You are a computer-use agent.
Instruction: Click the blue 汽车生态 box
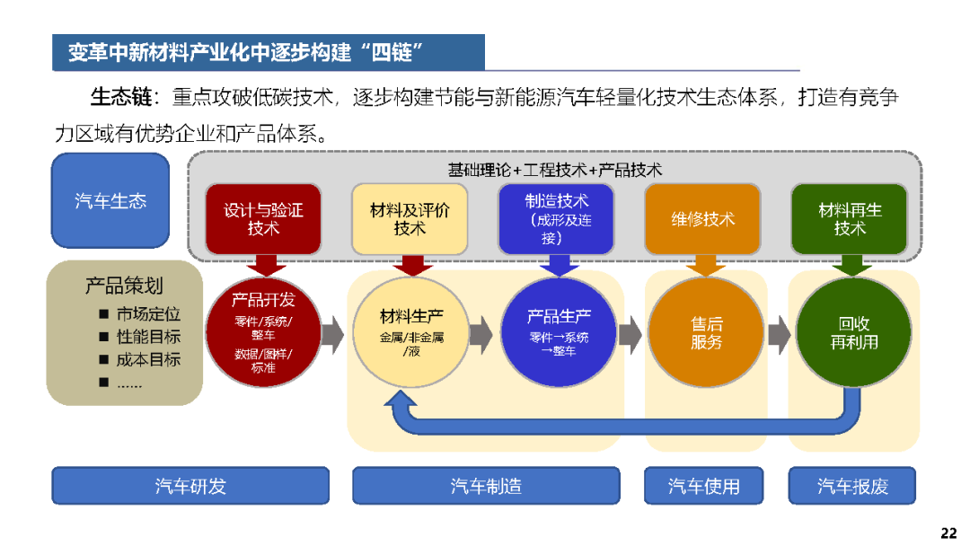tap(110, 200)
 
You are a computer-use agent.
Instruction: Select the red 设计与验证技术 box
tap(263, 219)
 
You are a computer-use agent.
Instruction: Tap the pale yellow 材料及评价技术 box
tap(410, 219)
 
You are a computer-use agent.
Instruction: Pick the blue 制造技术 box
tap(556, 219)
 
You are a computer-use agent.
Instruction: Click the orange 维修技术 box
tap(702, 219)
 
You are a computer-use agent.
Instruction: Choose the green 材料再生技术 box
tap(850, 219)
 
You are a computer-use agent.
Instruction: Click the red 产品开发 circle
tap(263, 332)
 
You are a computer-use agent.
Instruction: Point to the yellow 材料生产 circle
tap(410, 332)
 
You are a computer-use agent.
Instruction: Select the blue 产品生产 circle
tap(559, 332)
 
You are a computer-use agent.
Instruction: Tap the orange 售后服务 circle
tap(706, 332)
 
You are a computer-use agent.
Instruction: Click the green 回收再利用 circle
tap(854, 332)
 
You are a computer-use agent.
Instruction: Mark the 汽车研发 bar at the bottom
tap(190, 486)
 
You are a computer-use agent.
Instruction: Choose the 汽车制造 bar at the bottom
tap(486, 486)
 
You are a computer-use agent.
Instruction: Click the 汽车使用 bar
tap(704, 486)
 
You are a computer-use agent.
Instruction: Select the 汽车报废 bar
tap(852, 486)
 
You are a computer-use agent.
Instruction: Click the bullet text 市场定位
tap(148, 314)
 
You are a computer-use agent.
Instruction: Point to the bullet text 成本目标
tap(148, 359)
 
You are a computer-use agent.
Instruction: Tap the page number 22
tap(949, 533)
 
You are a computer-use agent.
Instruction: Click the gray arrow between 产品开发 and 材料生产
tap(333, 335)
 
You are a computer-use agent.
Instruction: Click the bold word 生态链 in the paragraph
tap(121, 97)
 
